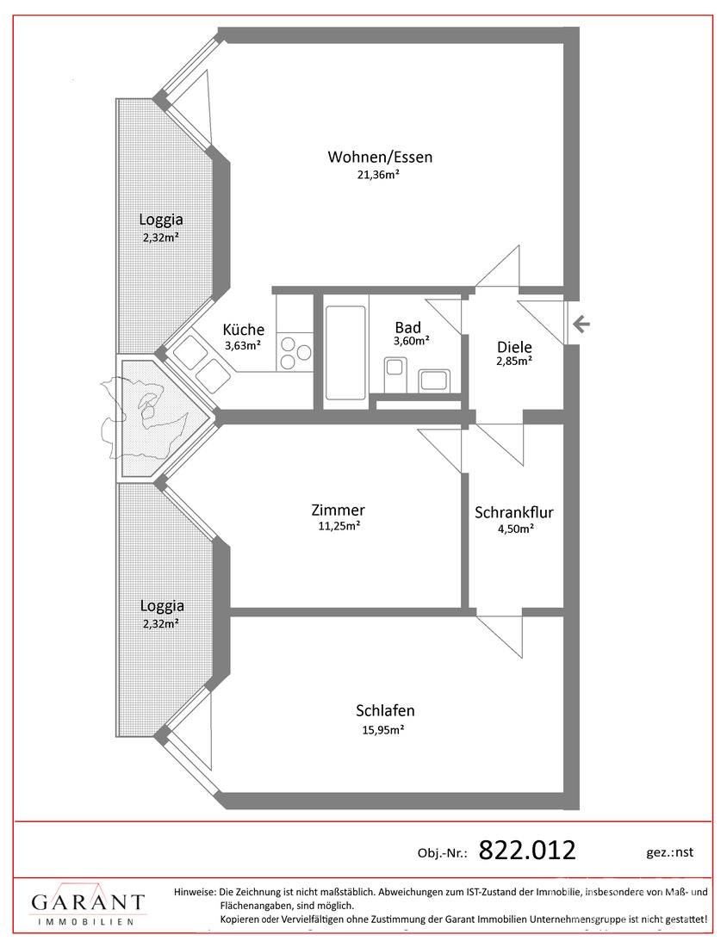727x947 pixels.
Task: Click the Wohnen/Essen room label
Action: tap(380, 157)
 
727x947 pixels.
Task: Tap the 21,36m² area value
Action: tap(379, 175)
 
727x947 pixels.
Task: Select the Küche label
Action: tap(244, 330)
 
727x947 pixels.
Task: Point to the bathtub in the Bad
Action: tap(345, 353)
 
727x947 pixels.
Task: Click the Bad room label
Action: tap(408, 327)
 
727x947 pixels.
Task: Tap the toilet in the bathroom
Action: tap(395, 374)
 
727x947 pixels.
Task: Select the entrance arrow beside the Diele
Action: tap(581, 325)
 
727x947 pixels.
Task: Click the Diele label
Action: tap(514, 347)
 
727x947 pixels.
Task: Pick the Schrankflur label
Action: tap(513, 513)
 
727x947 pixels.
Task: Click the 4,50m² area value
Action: tap(514, 529)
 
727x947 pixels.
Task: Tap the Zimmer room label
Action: tap(339, 510)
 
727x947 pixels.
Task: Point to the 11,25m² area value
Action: tap(339, 526)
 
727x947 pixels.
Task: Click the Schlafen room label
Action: tap(385, 711)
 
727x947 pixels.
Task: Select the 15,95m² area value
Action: tap(383, 729)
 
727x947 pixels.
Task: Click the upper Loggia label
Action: tap(161, 220)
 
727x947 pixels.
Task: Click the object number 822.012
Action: tap(527, 851)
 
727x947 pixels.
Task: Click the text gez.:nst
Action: tap(669, 852)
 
